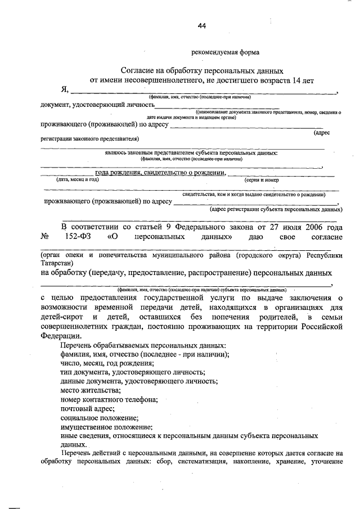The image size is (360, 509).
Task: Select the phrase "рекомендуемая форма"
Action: pos(225,52)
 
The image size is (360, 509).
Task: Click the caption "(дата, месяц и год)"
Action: pos(77,179)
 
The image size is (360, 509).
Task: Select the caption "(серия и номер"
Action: pos(262,180)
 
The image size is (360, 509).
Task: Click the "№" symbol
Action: pos(46,237)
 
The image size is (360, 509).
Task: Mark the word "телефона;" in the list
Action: pos(141,399)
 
